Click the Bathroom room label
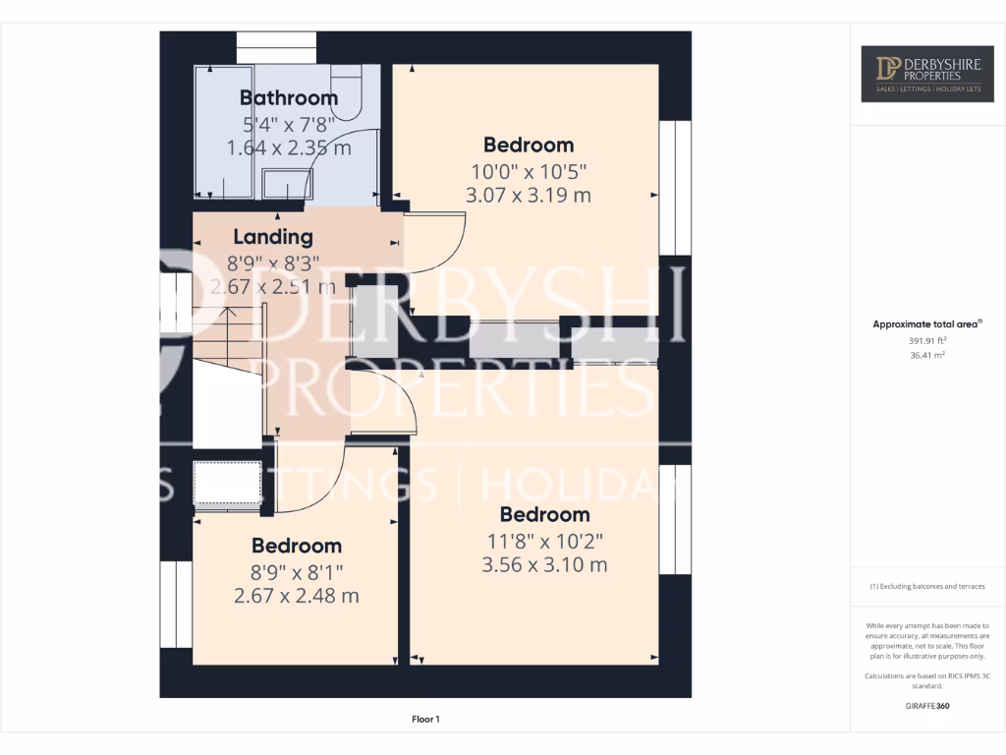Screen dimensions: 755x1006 (289, 97)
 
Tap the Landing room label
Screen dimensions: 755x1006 (273, 237)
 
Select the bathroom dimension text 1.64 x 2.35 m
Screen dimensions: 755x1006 (289, 148)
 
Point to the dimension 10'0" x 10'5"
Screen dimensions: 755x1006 (529, 171)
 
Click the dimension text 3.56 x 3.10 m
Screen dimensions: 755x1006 (544, 564)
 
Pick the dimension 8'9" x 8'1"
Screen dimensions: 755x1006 (296, 571)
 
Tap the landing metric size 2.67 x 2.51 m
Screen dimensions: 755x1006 (273, 287)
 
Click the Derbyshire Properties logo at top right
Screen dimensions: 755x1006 (927, 74)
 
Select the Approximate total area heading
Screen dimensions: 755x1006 (927, 323)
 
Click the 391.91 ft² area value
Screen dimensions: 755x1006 (927, 340)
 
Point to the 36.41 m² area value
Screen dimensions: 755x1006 (927, 356)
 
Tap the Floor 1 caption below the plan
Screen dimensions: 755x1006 (424, 720)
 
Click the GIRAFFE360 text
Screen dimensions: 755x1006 (927, 706)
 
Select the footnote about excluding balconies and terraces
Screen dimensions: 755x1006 (927, 586)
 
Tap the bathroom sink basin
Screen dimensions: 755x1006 (287, 183)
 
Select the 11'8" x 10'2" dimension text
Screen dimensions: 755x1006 (544, 540)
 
